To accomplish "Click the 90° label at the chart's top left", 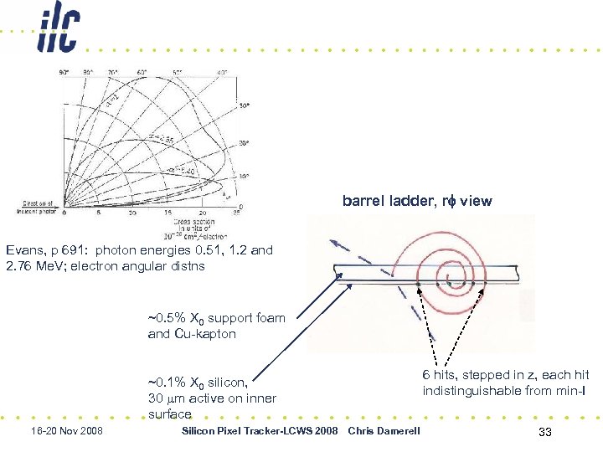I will [64, 73].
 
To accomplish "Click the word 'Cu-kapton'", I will [207, 333].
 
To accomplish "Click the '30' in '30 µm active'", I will [155, 398].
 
